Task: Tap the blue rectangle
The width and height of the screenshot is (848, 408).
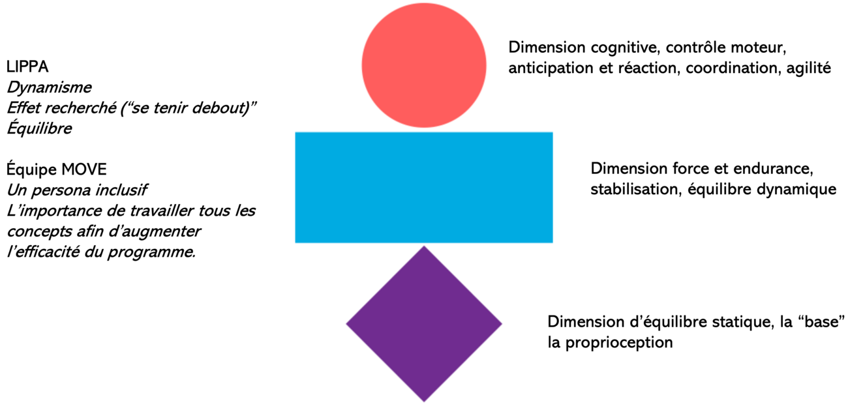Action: [x=424, y=188]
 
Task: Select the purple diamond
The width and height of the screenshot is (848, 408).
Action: [x=424, y=323]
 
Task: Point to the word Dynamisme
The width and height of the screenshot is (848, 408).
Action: [x=49, y=87]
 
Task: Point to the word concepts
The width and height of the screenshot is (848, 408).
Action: [x=36, y=232]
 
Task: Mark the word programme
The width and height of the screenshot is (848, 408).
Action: [x=159, y=253]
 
